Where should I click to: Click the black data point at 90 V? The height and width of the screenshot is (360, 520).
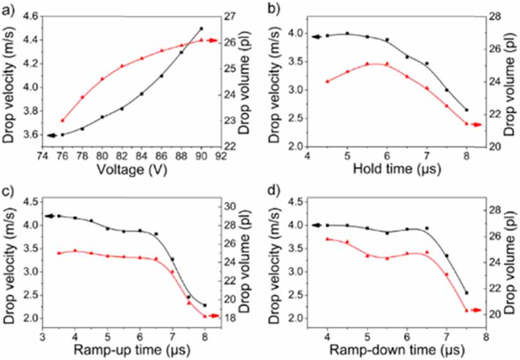201,28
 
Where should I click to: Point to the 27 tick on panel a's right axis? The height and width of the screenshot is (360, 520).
234,16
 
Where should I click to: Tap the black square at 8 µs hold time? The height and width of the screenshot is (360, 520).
466,110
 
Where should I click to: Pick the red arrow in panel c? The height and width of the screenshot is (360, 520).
213,316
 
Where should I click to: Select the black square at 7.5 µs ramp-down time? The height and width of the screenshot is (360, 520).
466,293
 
